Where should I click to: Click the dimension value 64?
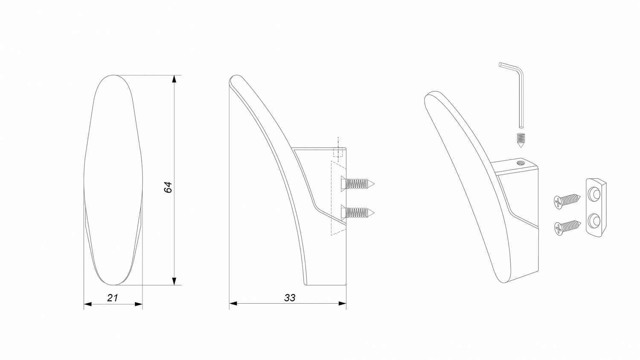coord(169,187)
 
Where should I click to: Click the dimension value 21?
coord(113,298)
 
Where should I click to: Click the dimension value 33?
coord(290,298)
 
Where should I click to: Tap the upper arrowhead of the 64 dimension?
coord(174,79)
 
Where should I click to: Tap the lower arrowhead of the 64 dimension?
coord(174,281)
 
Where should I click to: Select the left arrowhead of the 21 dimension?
coord(88,304)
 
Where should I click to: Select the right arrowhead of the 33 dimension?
coord(342,303)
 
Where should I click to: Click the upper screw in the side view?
coord(358,184)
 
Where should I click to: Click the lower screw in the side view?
coord(358,212)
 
